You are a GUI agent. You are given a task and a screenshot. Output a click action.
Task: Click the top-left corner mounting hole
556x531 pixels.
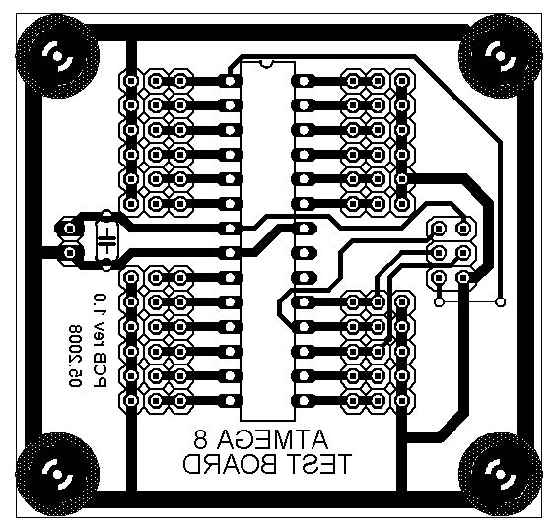(x=57, y=56)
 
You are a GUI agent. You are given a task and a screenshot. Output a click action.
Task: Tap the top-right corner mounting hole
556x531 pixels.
(x=500, y=56)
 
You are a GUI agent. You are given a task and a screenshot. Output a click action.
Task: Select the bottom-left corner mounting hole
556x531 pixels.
(x=57, y=474)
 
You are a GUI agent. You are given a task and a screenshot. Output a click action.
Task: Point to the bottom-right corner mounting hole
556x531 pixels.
(x=500, y=474)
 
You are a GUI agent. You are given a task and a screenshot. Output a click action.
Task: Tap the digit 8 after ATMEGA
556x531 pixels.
(x=201, y=439)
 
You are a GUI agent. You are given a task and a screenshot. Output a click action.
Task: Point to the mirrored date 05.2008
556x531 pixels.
(x=75, y=356)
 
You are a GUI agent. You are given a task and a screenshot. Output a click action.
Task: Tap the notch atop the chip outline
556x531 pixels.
(x=266, y=64)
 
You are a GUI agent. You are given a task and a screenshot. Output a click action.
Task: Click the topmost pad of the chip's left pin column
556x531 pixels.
(x=230, y=81)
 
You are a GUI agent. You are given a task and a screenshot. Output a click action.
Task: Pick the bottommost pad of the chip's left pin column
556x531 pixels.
(x=230, y=401)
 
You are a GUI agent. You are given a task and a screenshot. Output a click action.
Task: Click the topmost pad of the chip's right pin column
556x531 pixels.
(x=304, y=81)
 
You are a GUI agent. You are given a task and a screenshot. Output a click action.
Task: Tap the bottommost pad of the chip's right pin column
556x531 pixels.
(x=304, y=401)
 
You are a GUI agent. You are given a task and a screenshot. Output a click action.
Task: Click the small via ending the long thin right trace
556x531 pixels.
(x=501, y=302)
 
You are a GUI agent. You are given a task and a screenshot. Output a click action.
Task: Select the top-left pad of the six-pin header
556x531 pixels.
(x=439, y=228)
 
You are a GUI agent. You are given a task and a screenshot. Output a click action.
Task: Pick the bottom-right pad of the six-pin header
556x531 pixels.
(x=463, y=277)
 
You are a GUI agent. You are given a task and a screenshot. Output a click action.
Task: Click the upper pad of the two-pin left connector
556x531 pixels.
(x=69, y=229)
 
